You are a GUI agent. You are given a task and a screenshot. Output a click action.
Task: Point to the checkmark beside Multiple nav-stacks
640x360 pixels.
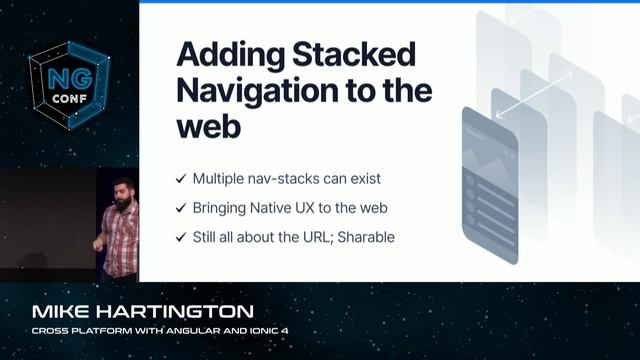pyautogui.click(x=180, y=179)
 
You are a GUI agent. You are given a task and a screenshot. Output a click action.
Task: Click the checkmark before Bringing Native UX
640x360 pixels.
pyautogui.click(x=180, y=208)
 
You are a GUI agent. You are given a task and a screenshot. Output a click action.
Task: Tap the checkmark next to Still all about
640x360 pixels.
pyautogui.click(x=180, y=237)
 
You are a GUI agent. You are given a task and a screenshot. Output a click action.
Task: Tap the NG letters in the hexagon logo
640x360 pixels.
pyautogui.click(x=62, y=76)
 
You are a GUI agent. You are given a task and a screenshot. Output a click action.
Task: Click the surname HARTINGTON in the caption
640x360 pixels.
pyautogui.click(x=180, y=311)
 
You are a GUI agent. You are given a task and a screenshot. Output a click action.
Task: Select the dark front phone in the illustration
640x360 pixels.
pyautogui.click(x=490, y=186)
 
